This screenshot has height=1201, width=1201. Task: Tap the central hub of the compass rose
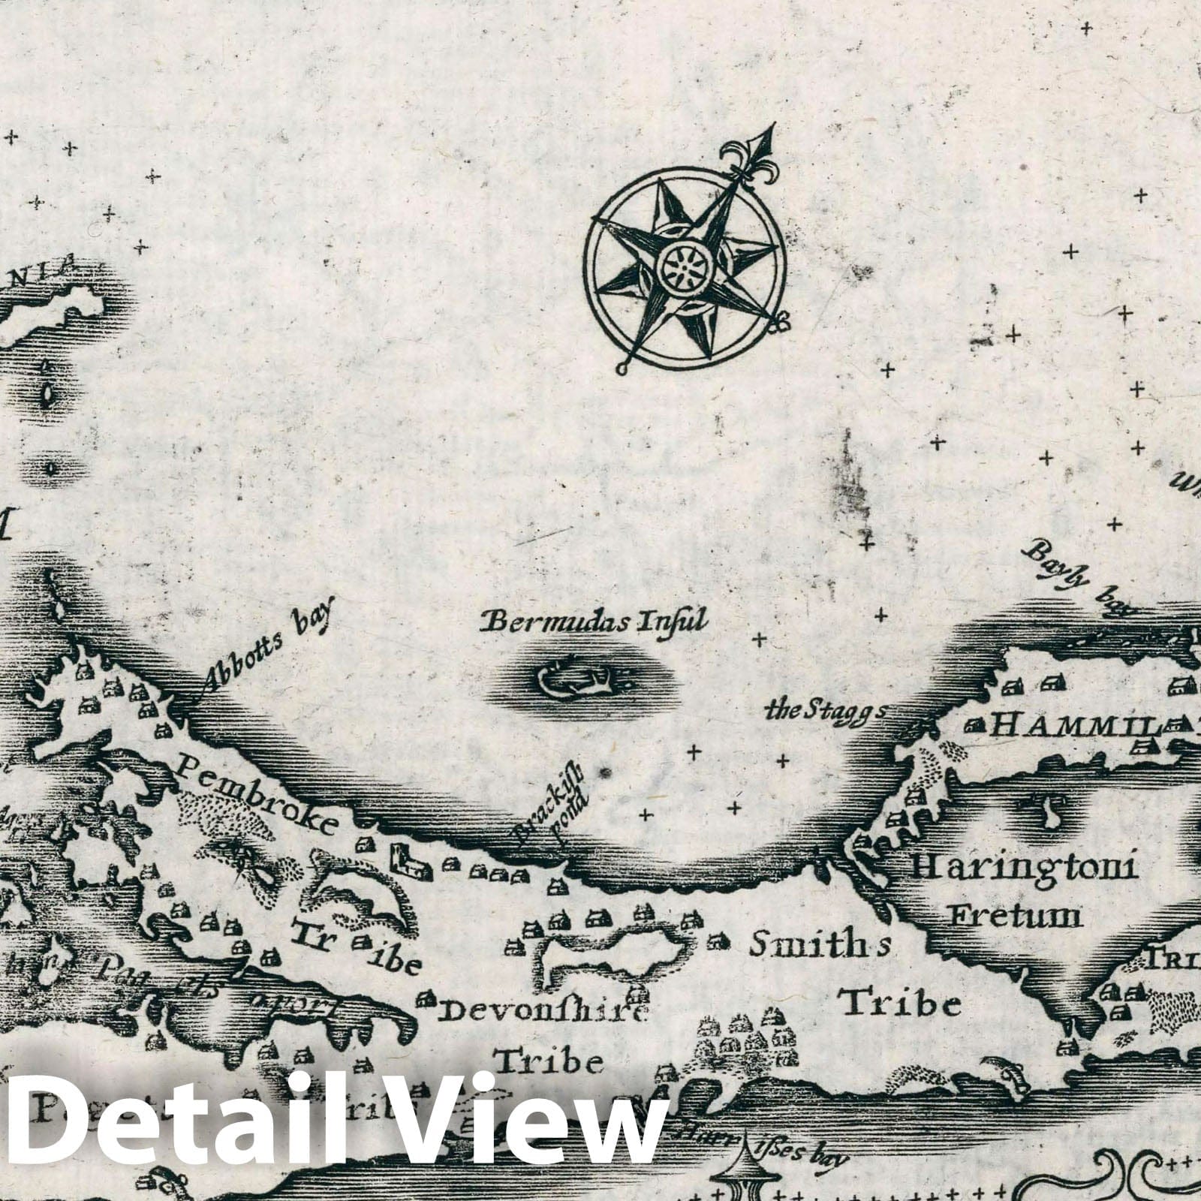click(x=685, y=266)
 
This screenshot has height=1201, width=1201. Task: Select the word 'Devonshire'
click(x=542, y=1012)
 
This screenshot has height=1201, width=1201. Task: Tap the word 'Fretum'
click(x=1015, y=916)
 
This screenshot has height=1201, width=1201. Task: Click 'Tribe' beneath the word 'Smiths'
click(x=899, y=1002)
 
